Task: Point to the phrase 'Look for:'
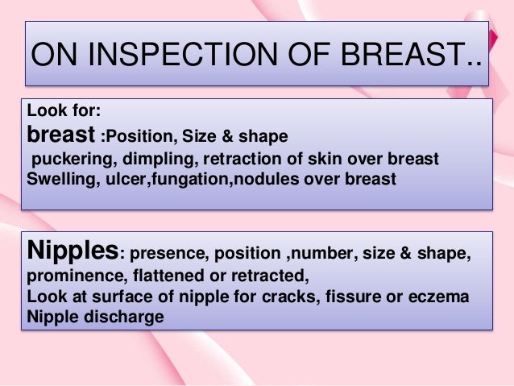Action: [64, 114]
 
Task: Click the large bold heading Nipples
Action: [73, 252]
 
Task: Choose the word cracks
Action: [301, 297]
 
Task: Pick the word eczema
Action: [440, 297]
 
